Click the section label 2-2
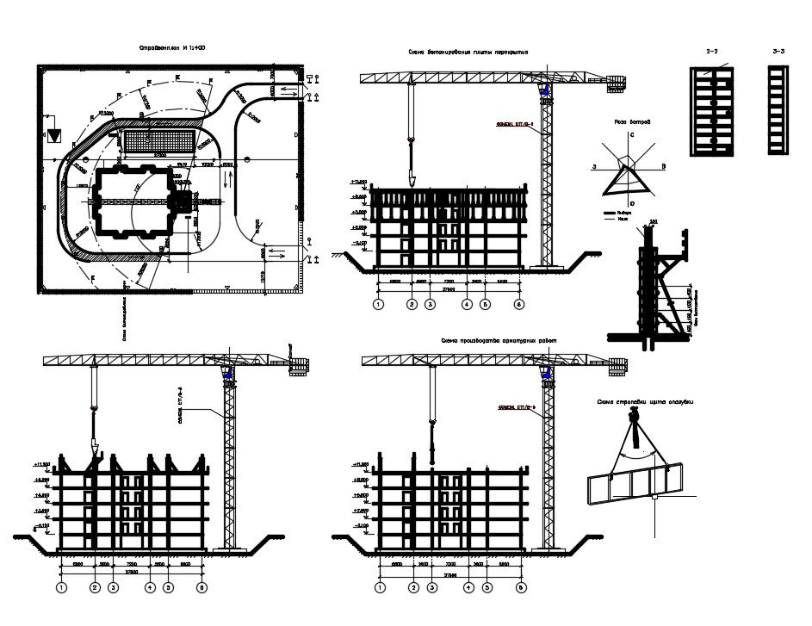tap(713, 53)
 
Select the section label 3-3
tap(779, 53)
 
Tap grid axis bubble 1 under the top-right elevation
tap(378, 305)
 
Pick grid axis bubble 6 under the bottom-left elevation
tap(201, 588)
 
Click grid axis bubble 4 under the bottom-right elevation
tap(468, 588)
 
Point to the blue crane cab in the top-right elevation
tap(544, 89)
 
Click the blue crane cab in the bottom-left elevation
tap(227, 374)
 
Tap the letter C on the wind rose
tap(632, 136)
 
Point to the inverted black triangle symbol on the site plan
tap(54, 134)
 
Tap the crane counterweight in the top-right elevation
tap(617, 84)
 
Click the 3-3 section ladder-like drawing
tap(778, 112)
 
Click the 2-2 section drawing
tap(712, 112)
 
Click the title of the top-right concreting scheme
tap(468, 53)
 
